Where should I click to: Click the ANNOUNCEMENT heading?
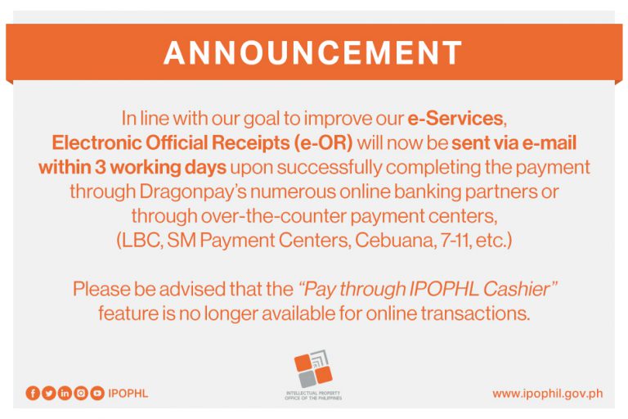pos(313,52)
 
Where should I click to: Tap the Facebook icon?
pos(33,394)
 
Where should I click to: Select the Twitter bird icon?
pos(49,394)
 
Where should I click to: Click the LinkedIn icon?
pos(65,394)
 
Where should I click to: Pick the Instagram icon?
pos(81,394)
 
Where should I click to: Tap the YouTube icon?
pos(97,394)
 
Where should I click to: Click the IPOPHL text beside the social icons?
pos(128,394)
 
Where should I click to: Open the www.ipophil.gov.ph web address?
pos(548,394)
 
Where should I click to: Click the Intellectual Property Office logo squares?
pos(313,369)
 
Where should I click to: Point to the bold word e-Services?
pos(455,119)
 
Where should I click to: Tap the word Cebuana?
pos(393,240)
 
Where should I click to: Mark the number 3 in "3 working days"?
pos(100,168)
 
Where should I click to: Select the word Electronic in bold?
pos(96,143)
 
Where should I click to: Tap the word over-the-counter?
pos(274,216)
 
